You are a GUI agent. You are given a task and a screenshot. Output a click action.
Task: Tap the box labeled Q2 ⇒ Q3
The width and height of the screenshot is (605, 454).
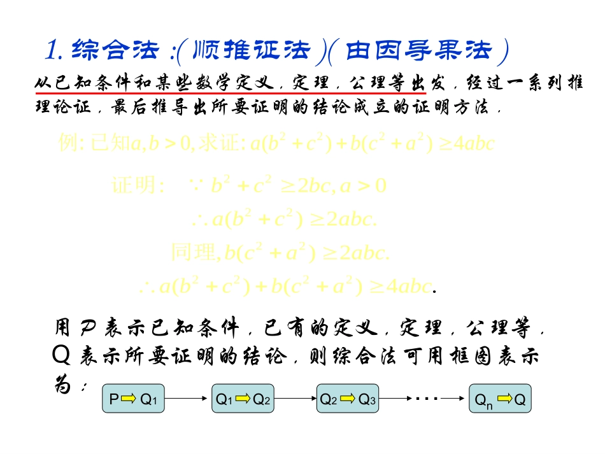(x=348, y=399)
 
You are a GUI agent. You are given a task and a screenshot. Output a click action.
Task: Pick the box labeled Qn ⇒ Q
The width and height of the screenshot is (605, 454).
(x=500, y=399)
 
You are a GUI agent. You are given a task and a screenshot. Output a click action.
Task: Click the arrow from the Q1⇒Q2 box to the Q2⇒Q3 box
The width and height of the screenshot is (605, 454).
(x=295, y=399)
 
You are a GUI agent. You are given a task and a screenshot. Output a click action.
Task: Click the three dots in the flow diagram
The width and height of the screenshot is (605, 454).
(x=425, y=399)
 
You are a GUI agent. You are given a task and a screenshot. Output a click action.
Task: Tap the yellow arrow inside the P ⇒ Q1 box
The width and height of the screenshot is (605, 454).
(x=129, y=399)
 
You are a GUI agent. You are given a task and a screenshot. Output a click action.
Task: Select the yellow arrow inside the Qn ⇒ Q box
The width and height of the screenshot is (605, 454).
(x=504, y=399)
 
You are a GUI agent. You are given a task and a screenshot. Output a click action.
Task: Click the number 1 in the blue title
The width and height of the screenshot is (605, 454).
(x=53, y=49)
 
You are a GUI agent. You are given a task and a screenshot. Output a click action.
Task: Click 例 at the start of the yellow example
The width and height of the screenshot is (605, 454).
(x=68, y=143)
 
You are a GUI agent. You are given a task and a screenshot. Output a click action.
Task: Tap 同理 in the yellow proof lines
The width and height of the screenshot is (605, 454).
(x=194, y=253)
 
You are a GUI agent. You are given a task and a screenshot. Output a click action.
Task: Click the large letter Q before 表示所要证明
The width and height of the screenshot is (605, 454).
(x=62, y=355)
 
